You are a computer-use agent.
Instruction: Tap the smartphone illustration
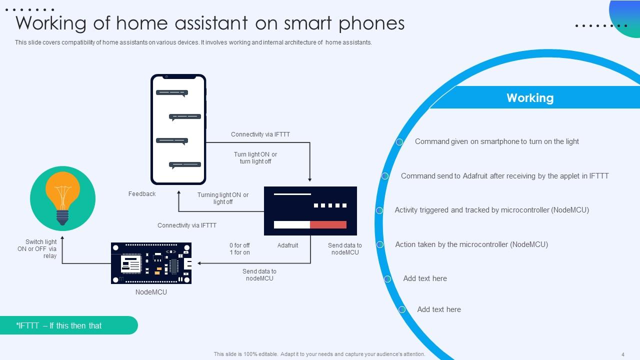(x=178, y=129)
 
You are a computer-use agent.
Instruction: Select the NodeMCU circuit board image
(x=151, y=263)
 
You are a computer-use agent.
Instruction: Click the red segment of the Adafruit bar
(x=328, y=224)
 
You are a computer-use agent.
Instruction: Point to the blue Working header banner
(x=530, y=98)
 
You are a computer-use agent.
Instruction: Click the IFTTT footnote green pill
(x=68, y=325)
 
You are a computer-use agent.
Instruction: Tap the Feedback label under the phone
(x=142, y=194)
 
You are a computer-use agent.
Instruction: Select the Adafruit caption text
(x=287, y=245)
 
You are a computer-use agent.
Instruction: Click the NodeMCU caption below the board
(x=151, y=292)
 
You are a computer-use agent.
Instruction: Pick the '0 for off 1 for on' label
(x=239, y=249)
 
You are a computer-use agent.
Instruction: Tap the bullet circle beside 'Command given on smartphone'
(x=399, y=142)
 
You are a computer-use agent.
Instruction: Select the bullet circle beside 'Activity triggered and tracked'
(x=379, y=210)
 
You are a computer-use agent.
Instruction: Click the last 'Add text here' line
(x=439, y=309)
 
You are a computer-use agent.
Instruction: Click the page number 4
(x=622, y=354)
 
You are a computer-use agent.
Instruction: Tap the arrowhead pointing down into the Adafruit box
(x=310, y=179)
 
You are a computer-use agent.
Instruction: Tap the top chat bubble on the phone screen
(x=171, y=93)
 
